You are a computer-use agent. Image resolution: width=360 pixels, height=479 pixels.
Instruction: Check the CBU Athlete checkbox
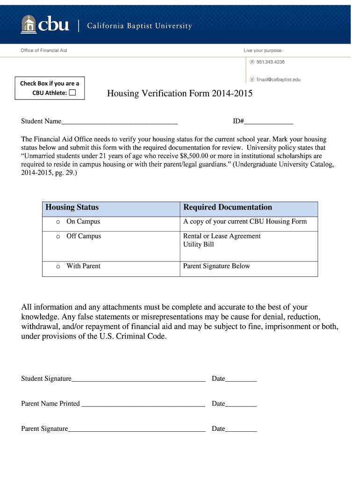[x=72, y=93]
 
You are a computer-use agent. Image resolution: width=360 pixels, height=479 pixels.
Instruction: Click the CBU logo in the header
[x=45, y=24]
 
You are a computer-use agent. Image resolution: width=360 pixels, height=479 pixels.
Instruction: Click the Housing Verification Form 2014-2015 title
[x=180, y=94]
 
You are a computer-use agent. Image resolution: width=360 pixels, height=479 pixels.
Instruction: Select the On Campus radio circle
[x=58, y=222]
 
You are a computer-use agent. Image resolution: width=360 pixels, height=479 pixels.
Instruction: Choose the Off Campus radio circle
[x=58, y=237]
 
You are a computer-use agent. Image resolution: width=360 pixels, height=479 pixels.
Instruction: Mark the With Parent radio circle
[x=58, y=267]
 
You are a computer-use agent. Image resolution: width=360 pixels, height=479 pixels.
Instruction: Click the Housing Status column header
[x=72, y=207]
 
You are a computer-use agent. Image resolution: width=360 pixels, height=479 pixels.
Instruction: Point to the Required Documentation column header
[x=227, y=207]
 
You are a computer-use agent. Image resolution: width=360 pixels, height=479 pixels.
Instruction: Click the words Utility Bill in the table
[x=198, y=245]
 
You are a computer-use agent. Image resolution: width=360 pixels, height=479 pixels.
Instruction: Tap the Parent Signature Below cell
[x=216, y=266]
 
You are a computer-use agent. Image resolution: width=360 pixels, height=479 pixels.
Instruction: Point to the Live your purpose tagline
[x=263, y=50]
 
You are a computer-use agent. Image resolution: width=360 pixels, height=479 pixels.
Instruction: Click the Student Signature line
[x=138, y=379]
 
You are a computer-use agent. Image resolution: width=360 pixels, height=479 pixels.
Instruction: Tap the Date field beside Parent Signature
[x=241, y=429]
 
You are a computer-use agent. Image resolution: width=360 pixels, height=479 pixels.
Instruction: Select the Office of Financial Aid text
[x=44, y=50]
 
